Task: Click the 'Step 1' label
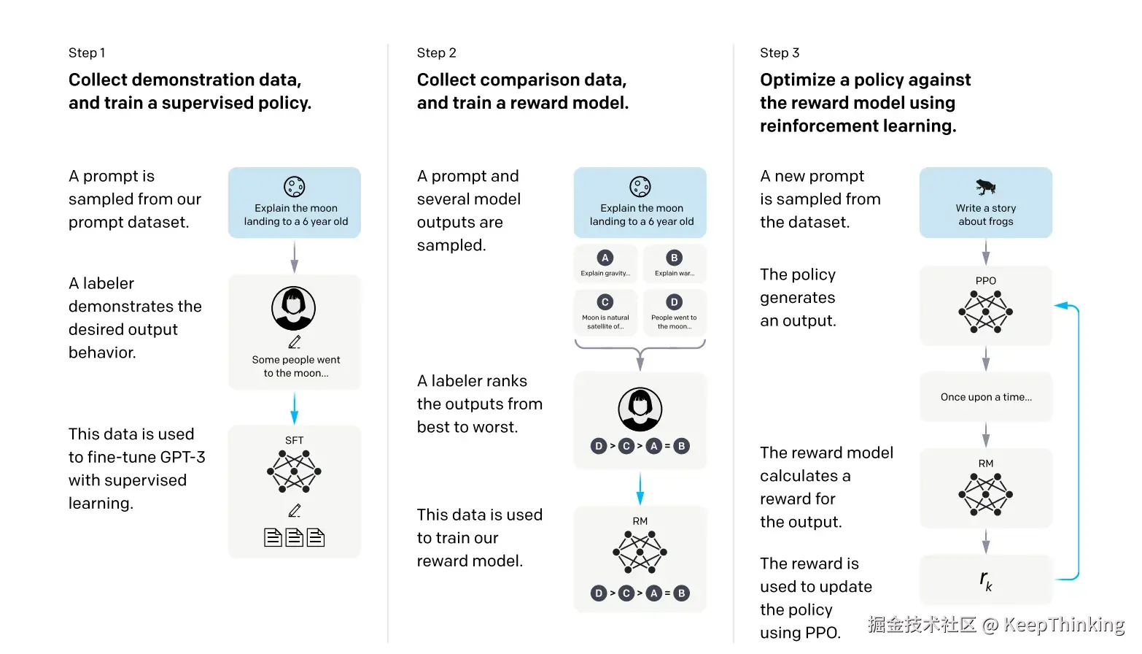(87, 53)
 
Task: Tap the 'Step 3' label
(780, 53)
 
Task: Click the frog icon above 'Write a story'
(985, 187)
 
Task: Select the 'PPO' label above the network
(985, 280)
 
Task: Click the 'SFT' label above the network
(294, 440)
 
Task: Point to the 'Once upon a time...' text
(986, 397)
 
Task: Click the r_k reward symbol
(985, 580)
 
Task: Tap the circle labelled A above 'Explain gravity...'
(605, 258)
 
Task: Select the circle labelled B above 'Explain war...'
(674, 258)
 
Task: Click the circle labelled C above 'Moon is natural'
(605, 302)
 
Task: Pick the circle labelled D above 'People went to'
(674, 302)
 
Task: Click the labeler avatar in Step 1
(294, 308)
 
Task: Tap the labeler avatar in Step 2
(640, 409)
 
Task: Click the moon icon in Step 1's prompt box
(294, 187)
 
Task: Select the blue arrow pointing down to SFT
(294, 408)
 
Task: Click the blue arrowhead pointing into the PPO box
(1061, 306)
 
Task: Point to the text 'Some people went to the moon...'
(295, 366)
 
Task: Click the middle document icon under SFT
(294, 537)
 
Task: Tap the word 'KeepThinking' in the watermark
(1064, 624)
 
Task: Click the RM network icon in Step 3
(985, 494)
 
